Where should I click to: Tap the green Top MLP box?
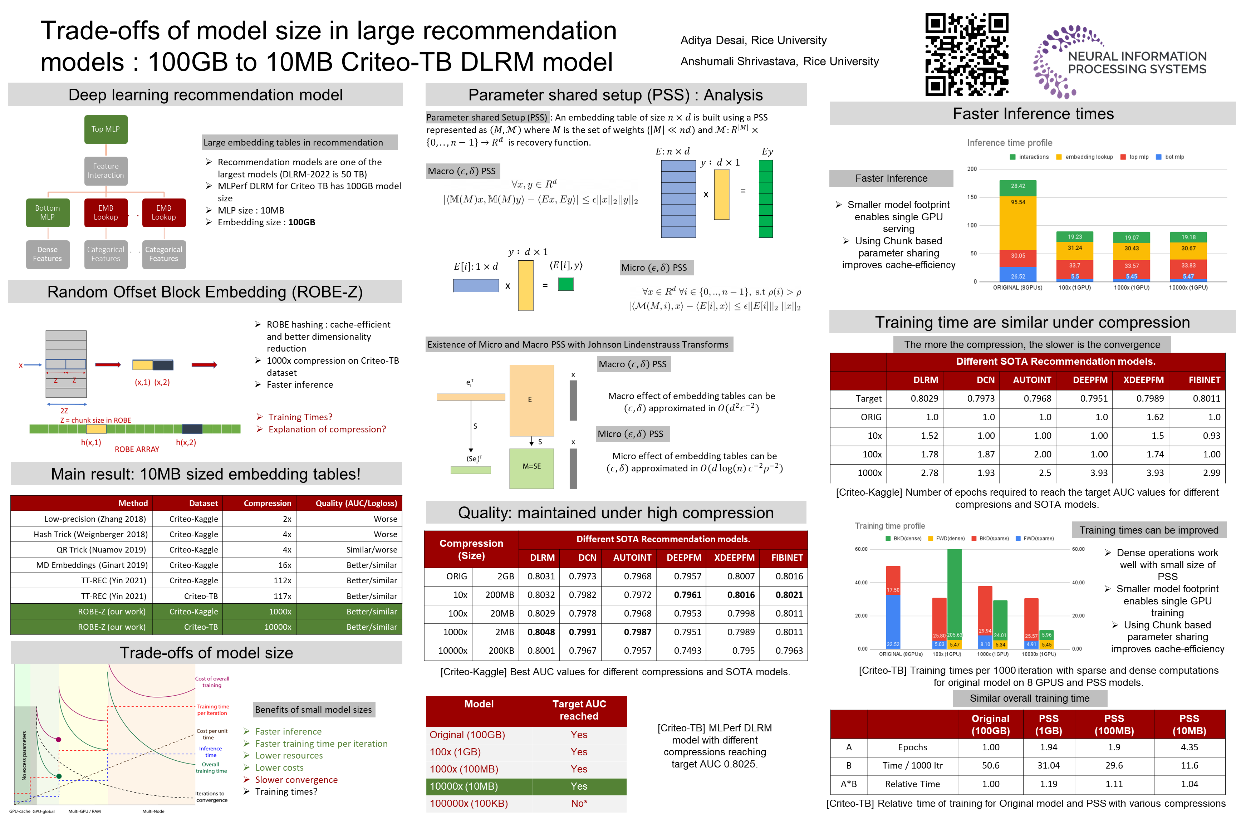point(106,129)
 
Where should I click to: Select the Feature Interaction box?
point(106,171)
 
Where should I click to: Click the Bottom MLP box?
point(47,212)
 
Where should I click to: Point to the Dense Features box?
point(47,254)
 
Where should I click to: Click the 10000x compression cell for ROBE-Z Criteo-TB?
point(278,627)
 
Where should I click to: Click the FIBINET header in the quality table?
point(787,558)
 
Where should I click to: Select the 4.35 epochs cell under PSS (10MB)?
point(1189,747)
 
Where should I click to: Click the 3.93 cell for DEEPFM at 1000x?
point(1098,473)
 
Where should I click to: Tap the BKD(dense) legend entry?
point(903,538)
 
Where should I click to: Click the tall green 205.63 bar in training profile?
point(954,594)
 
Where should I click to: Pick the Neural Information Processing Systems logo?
point(1119,62)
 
